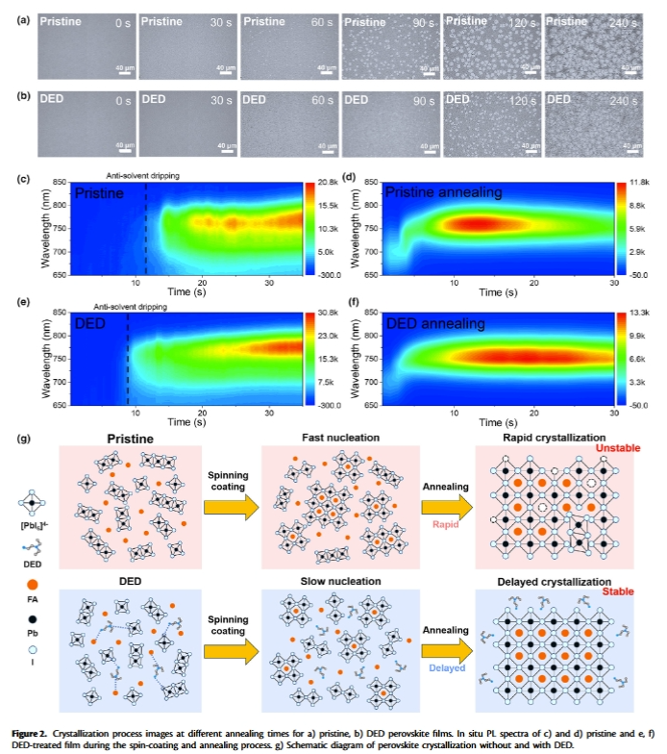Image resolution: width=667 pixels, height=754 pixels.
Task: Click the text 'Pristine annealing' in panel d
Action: pos(444,193)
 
